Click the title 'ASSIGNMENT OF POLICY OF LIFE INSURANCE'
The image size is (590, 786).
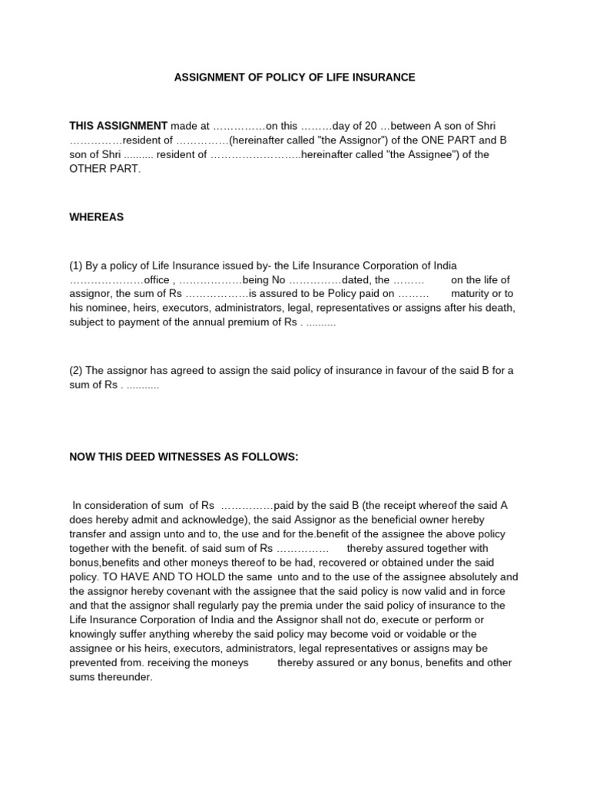click(294, 78)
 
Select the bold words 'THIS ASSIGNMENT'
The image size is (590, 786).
click(118, 126)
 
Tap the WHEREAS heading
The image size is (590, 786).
click(97, 217)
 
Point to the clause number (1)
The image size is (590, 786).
click(76, 266)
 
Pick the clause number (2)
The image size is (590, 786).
click(76, 371)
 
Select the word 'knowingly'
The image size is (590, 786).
click(95, 635)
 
